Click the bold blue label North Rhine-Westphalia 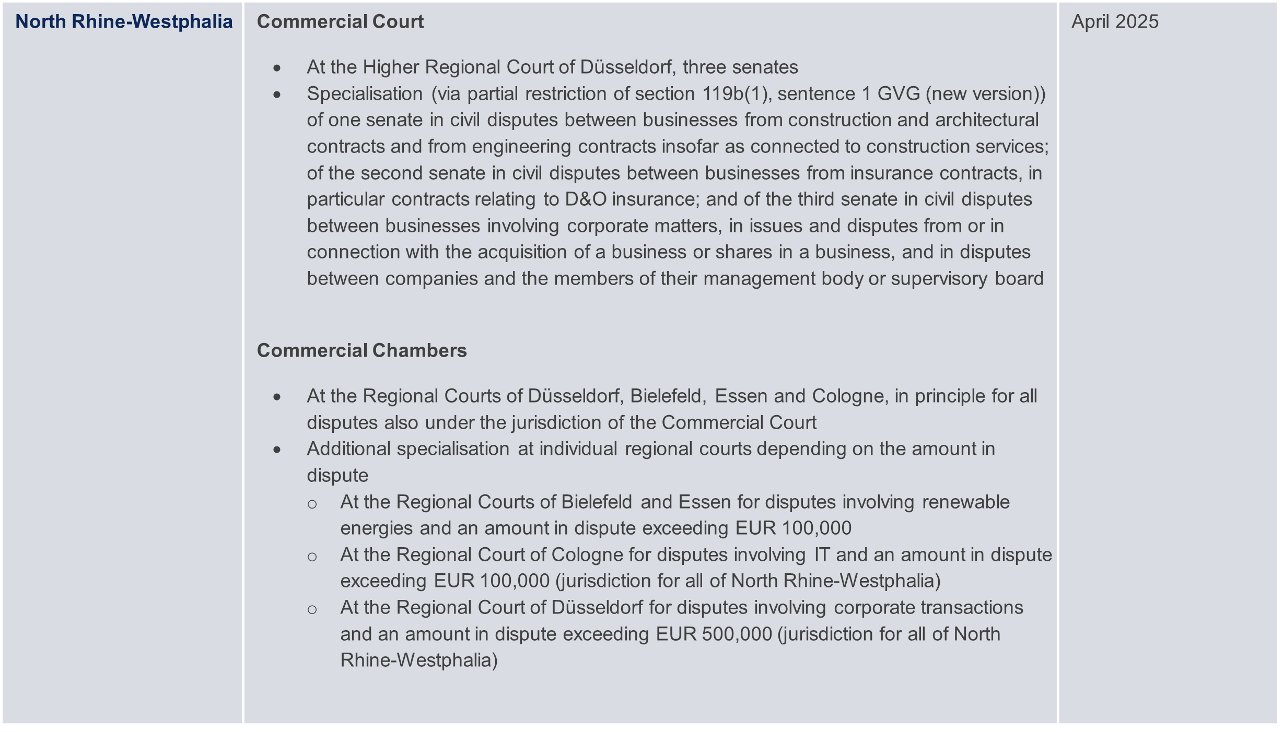tap(124, 22)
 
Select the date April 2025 tap(1115, 22)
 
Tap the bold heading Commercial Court tap(340, 22)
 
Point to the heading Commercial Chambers tap(361, 350)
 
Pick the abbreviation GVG tap(899, 94)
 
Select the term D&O tap(585, 199)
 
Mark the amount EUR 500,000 tap(714, 634)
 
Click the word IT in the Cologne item tap(822, 555)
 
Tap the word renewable tap(965, 502)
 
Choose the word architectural tap(987, 120)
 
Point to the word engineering tap(521, 147)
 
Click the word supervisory tap(939, 279)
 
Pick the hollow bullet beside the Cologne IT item tap(312, 557)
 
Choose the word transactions tap(971, 608)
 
